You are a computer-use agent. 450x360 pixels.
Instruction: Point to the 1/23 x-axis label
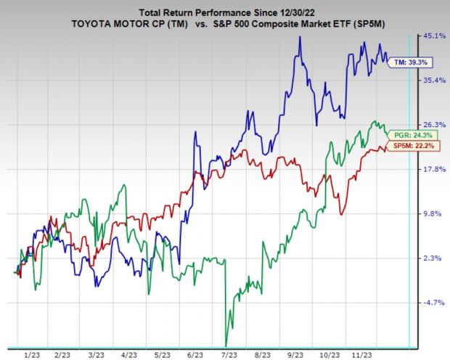33,354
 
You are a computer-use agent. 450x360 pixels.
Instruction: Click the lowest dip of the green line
227,345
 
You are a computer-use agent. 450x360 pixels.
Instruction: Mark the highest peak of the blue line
299,36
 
